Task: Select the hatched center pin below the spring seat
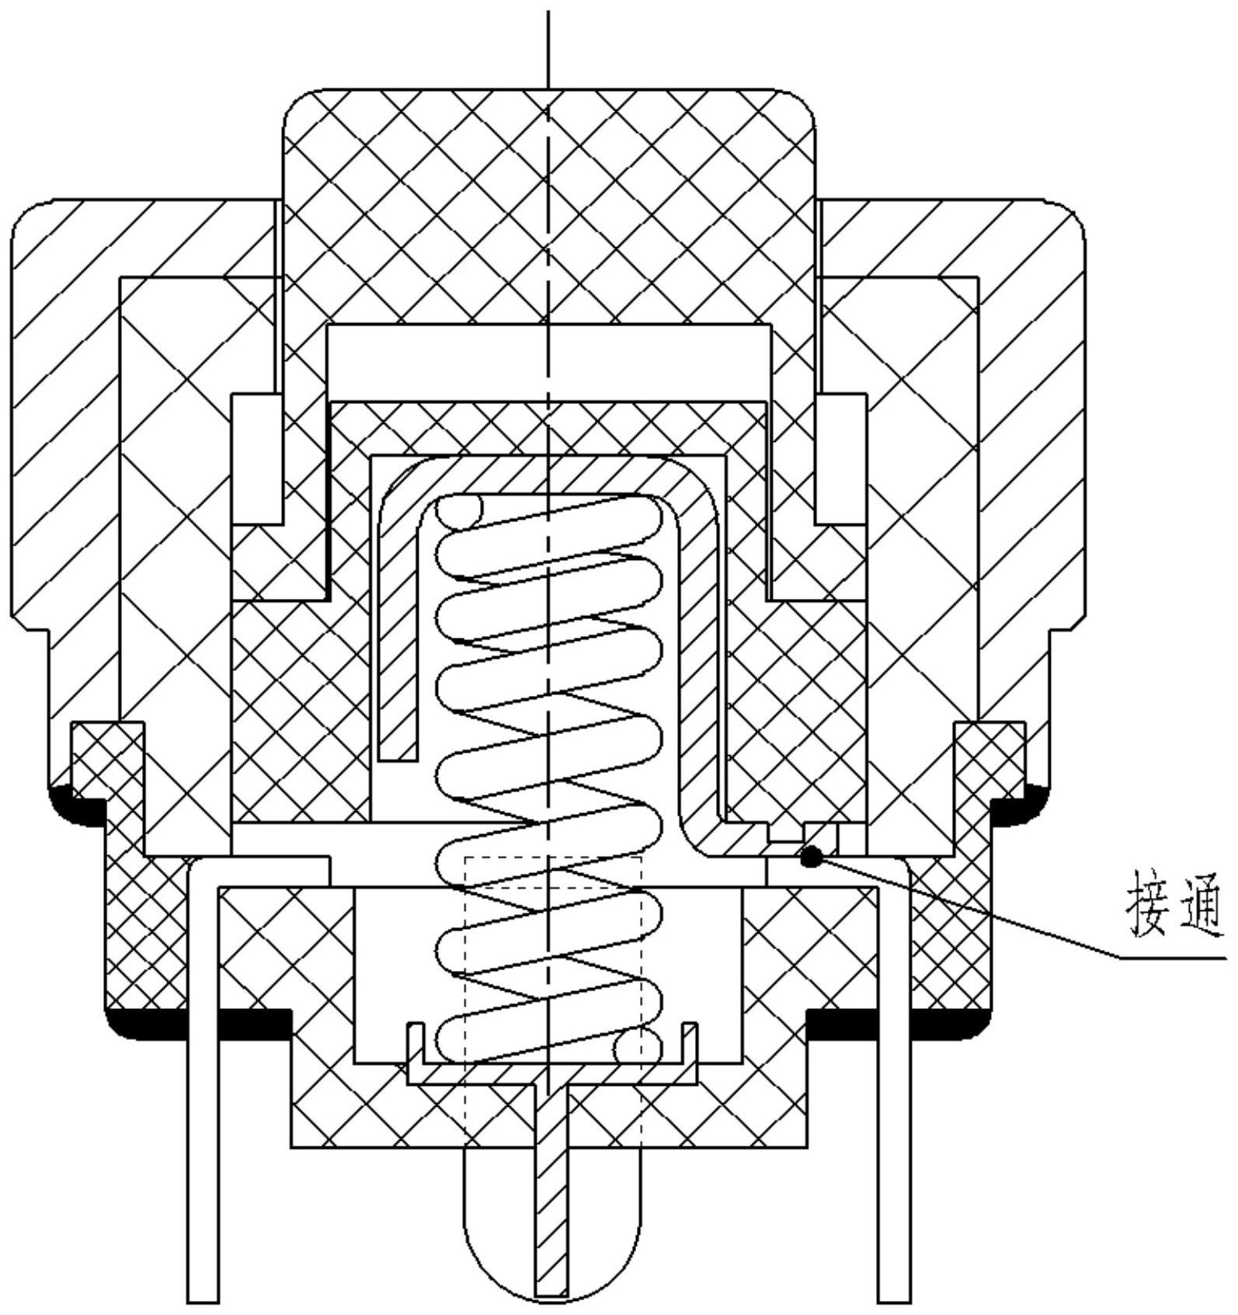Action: tap(552, 1196)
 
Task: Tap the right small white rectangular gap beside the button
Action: tap(840, 458)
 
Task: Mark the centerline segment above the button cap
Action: tap(548, 47)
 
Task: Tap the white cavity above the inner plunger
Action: tap(548, 362)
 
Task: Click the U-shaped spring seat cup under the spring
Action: tap(552, 1073)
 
